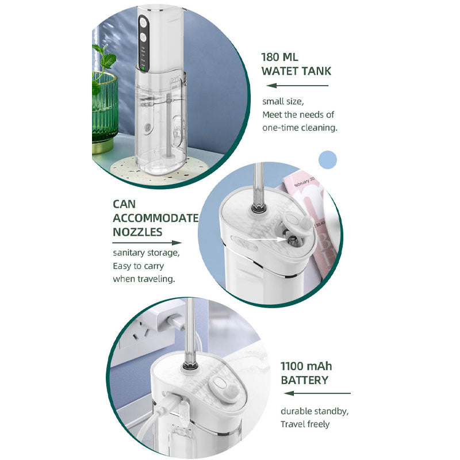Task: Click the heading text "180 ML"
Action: coord(279,57)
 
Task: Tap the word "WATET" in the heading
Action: coord(279,71)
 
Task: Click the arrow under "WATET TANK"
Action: coord(297,85)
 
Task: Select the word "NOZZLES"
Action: coord(137,232)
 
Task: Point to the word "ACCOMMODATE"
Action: coord(156,218)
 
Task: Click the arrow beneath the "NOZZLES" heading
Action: coord(147,243)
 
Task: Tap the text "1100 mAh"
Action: coord(306,366)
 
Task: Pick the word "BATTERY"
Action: coord(305,380)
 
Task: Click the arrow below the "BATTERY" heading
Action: coord(317,393)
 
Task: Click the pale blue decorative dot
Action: coord(327,160)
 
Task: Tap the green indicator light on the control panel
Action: coord(143,68)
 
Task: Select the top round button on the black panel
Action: coord(143,22)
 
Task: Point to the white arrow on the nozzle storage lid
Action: coord(267,239)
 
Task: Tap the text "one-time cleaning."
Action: coord(300,128)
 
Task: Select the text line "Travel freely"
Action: coord(305,424)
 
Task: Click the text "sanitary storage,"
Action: coord(146,252)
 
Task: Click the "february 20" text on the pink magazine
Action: coord(304,182)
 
